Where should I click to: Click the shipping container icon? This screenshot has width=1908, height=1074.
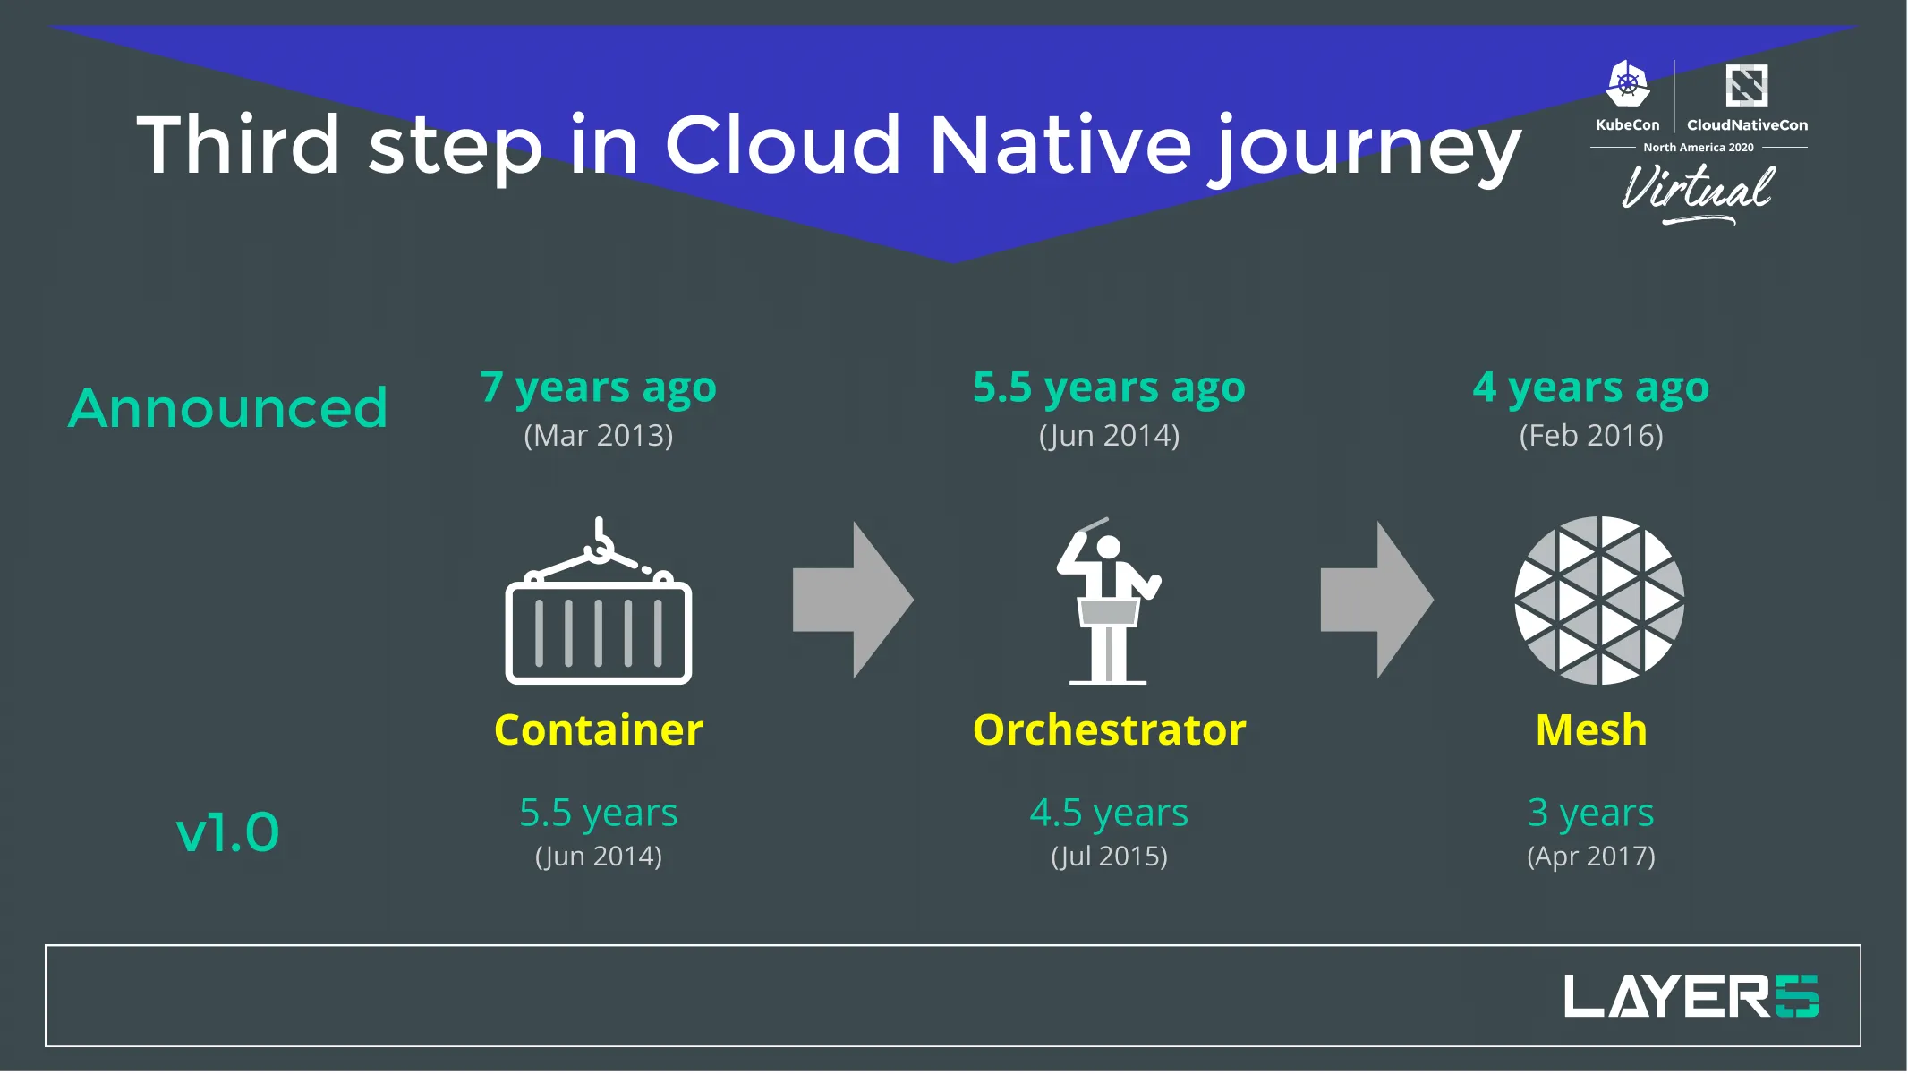click(x=598, y=609)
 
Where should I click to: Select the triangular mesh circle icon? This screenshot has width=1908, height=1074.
click(x=1599, y=601)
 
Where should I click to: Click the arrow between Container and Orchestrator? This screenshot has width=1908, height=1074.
click(x=853, y=600)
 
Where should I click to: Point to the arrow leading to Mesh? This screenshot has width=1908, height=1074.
click(x=1376, y=600)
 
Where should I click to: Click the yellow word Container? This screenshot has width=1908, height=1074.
click(x=598, y=729)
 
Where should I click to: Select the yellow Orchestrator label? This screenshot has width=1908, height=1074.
click(x=1109, y=729)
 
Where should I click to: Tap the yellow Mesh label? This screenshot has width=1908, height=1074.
click(x=1590, y=729)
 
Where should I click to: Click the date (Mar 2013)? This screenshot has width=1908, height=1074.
click(x=598, y=436)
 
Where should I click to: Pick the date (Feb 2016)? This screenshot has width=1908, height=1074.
click(x=1590, y=436)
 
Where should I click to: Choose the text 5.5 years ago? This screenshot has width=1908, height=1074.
click(x=1109, y=387)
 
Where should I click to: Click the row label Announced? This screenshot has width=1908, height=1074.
click(x=228, y=408)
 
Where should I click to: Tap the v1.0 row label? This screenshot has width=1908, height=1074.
click(x=227, y=832)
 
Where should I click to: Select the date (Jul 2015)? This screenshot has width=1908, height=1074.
click(x=1109, y=857)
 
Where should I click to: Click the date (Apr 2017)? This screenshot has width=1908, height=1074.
click(x=1590, y=857)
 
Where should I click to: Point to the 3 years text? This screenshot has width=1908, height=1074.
click(x=1590, y=813)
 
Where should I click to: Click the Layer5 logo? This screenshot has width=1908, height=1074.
click(x=1690, y=996)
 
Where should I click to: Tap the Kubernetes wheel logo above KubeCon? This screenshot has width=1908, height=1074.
click(x=1627, y=85)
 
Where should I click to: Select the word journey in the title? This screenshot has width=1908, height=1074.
click(x=1365, y=148)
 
